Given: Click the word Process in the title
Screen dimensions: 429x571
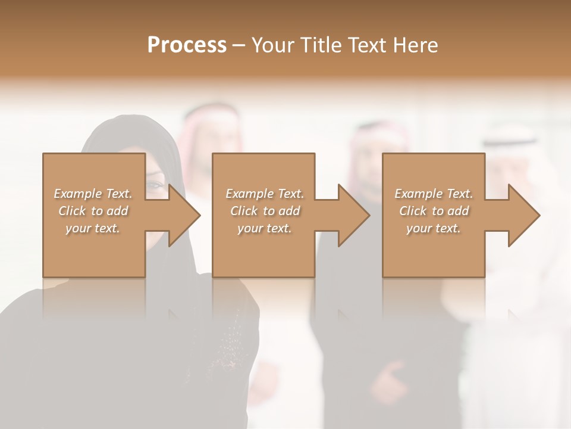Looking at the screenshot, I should tap(187, 45).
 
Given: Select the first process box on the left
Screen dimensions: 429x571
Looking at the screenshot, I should tap(94, 250).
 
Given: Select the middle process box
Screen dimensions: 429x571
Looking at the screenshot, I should tap(263, 250).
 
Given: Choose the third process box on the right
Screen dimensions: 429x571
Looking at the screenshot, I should tap(434, 250).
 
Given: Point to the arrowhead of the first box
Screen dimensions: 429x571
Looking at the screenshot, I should tap(184, 215).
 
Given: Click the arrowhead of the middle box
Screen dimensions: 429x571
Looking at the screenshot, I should tap(353, 215).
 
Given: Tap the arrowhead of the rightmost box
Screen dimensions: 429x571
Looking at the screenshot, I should tap(523, 215).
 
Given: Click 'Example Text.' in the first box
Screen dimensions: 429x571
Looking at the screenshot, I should tap(93, 194).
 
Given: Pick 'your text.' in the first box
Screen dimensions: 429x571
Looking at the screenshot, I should tap(93, 228).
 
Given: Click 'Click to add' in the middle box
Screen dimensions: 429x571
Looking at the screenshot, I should tap(265, 211).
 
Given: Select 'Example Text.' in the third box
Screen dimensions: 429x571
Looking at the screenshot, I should tap(434, 194).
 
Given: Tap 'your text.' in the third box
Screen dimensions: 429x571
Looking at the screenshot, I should tap(434, 228).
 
